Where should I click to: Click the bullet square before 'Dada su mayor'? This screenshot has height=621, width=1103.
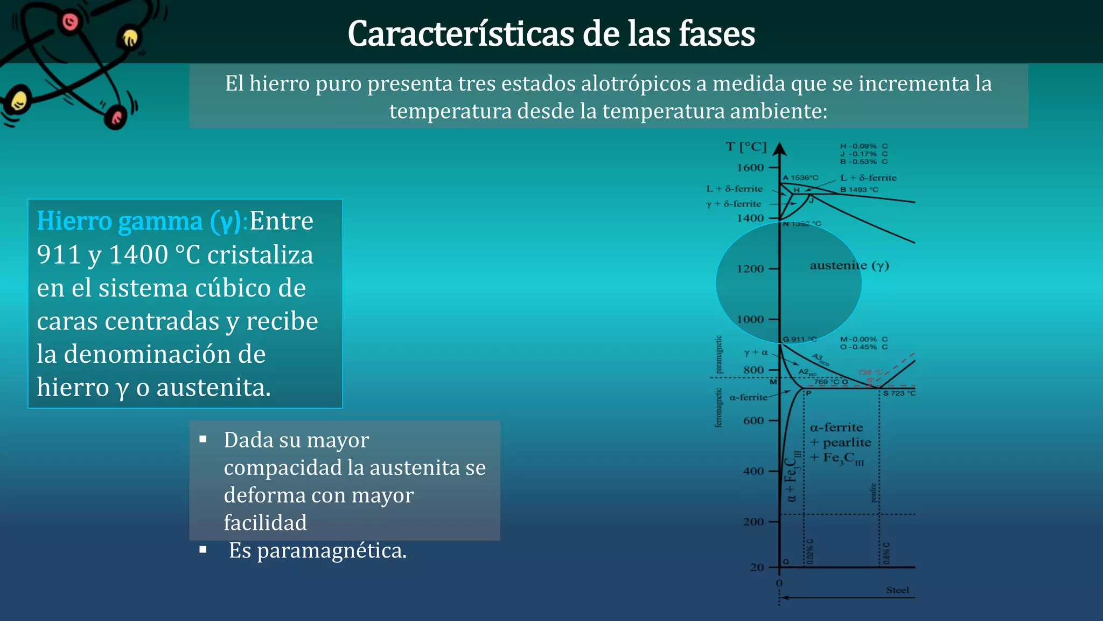pos(203,439)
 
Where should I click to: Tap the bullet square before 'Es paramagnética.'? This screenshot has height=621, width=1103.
pos(203,550)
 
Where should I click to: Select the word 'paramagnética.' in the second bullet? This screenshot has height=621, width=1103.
pos(332,551)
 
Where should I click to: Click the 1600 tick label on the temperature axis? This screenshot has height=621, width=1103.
pos(750,168)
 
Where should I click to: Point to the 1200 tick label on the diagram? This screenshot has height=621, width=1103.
pos(750,269)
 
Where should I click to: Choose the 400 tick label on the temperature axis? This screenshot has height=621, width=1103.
pos(753,471)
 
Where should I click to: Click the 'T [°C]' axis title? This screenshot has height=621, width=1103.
pos(746,147)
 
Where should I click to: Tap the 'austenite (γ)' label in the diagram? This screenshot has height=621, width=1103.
pos(849,265)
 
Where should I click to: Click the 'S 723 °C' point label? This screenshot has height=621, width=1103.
pos(899,394)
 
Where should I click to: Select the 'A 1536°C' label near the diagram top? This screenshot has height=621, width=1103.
pos(800,178)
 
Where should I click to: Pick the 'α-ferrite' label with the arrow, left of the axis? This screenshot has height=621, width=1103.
pos(748,398)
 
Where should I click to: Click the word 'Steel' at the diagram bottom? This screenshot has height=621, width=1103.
pos(897,590)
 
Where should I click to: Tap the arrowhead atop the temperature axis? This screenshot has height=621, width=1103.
pos(780,149)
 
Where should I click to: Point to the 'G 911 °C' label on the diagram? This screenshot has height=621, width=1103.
pos(799,339)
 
